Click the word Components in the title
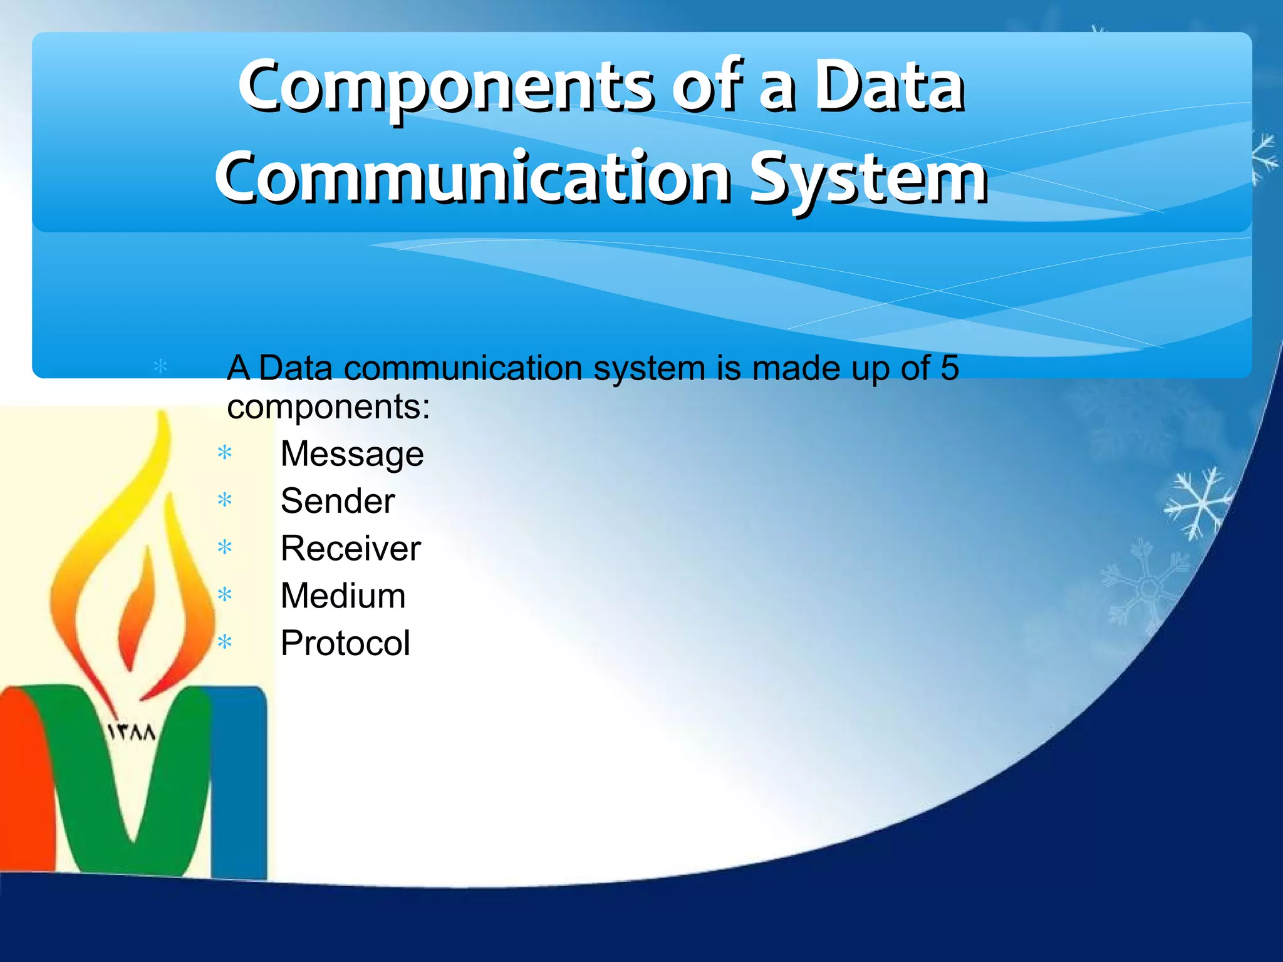point(445,88)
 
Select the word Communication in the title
point(473,178)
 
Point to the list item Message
point(351,454)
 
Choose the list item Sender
point(338,501)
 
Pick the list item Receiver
point(350,549)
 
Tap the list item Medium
point(343,596)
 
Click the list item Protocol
point(345,643)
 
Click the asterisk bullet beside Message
point(225,453)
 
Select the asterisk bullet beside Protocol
point(225,643)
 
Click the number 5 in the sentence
point(949,368)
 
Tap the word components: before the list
point(328,407)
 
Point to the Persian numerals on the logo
point(132,732)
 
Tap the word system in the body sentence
point(649,369)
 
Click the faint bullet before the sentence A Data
point(160,366)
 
